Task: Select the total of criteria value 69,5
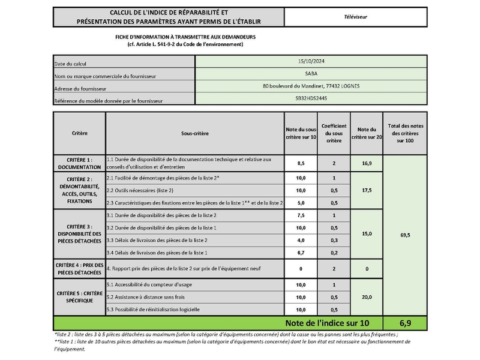pos(404,235)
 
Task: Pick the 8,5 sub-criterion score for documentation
pos(301,163)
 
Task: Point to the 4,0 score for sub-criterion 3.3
pos(301,241)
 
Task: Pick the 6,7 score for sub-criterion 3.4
pos(301,253)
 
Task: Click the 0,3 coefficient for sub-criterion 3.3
pos(333,241)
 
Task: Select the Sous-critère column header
pos(194,133)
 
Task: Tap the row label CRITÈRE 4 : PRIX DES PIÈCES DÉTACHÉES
pos(79,269)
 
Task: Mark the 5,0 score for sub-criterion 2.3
pos(301,203)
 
